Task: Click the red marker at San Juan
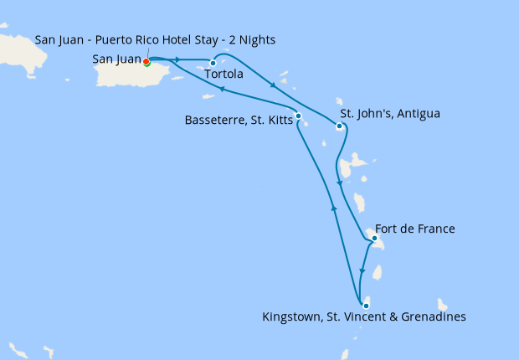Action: click(146, 61)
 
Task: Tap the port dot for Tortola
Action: click(213, 63)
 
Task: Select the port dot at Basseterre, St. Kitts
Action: click(298, 116)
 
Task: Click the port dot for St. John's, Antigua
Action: click(339, 126)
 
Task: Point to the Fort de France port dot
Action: click(374, 239)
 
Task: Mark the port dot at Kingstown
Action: click(366, 306)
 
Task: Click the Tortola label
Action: click(224, 75)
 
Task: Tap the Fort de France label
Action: click(415, 229)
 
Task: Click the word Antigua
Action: click(417, 113)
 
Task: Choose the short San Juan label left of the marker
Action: click(116, 59)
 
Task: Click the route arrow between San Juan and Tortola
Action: click(178, 59)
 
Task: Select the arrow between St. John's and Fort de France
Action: click(339, 183)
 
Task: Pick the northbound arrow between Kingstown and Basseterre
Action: click(334, 208)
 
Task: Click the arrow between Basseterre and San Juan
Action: click(222, 89)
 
